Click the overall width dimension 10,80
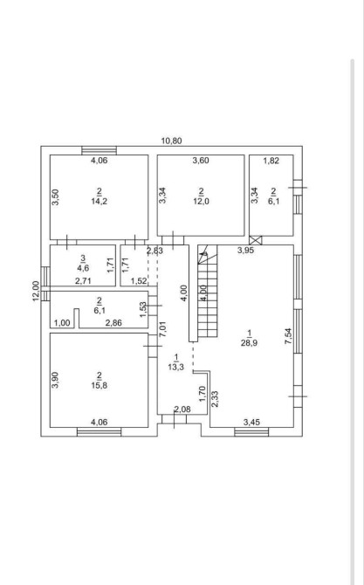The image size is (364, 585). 171,141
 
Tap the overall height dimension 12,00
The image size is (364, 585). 36,291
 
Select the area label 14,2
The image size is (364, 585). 100,202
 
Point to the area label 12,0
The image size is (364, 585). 201,202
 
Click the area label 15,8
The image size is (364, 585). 100,385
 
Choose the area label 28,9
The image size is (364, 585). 249,343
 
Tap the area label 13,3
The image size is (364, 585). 176,368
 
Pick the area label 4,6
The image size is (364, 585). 83,268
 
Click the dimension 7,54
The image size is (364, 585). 289,336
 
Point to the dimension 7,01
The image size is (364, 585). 163,329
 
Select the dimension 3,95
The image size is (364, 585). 246,251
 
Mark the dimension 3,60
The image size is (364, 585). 201,161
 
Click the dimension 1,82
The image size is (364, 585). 271,161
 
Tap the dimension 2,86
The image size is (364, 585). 113,323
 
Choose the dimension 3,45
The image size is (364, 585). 251,423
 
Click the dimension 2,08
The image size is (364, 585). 182,409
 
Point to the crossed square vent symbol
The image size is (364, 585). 256,240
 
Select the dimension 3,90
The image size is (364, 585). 55,380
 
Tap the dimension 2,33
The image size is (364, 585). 216,399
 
